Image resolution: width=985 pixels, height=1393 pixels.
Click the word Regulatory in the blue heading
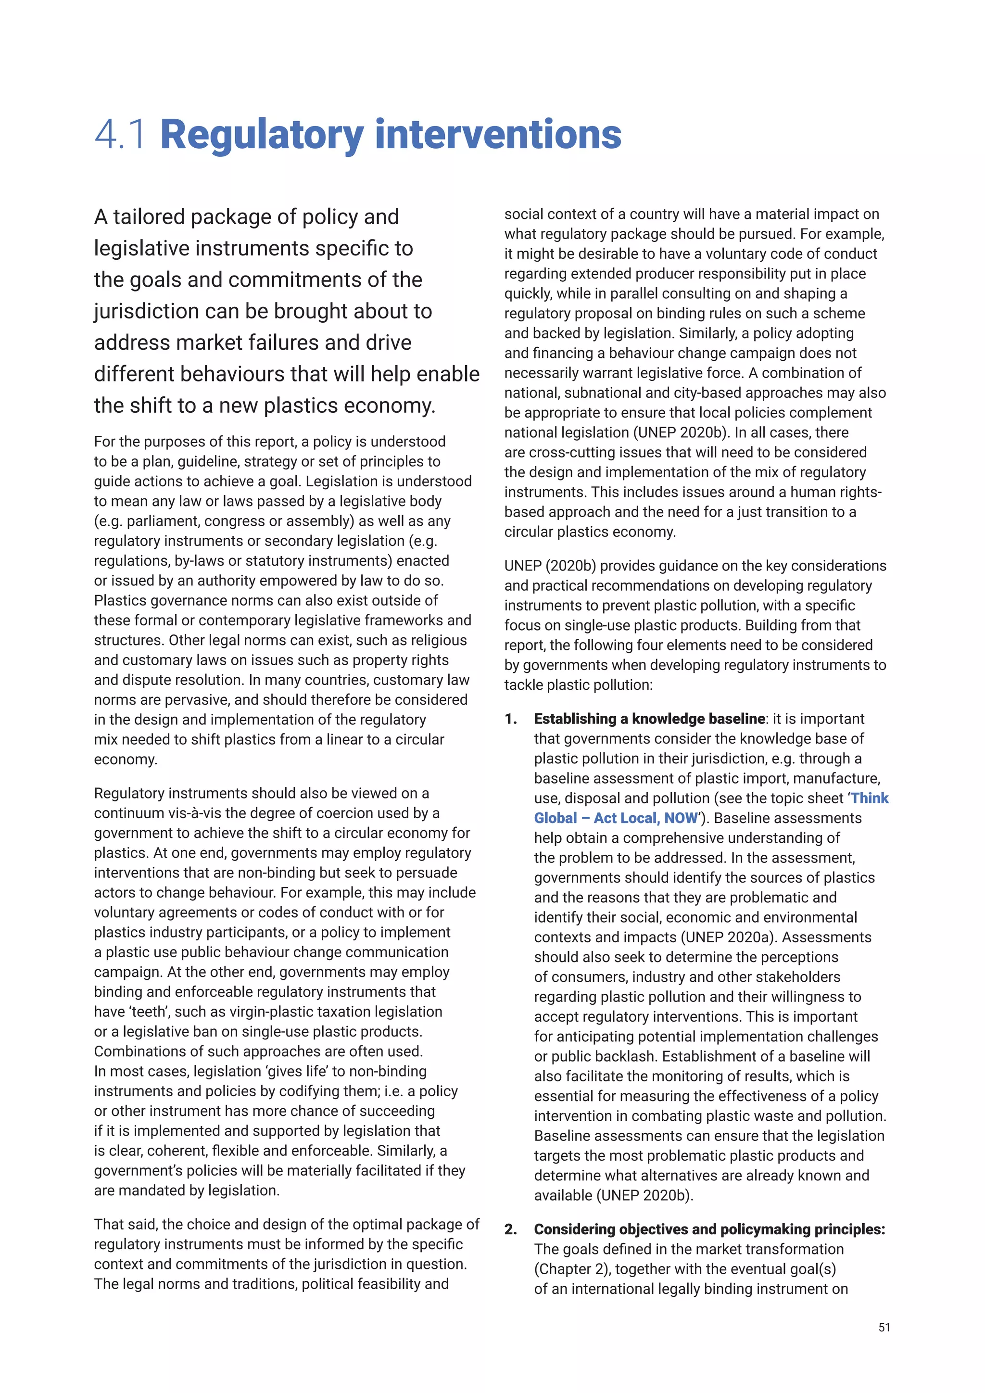click(x=262, y=135)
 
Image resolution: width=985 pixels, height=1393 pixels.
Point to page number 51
click(x=884, y=1328)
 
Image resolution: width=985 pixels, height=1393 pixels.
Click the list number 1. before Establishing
click(x=511, y=719)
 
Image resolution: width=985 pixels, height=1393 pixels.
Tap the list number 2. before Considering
click(x=511, y=1229)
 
